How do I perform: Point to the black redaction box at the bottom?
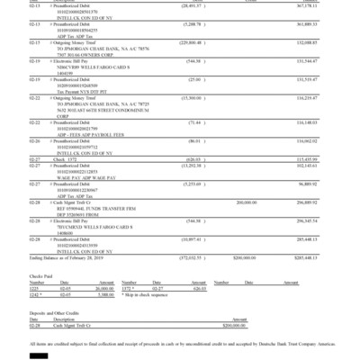(x=38, y=355)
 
